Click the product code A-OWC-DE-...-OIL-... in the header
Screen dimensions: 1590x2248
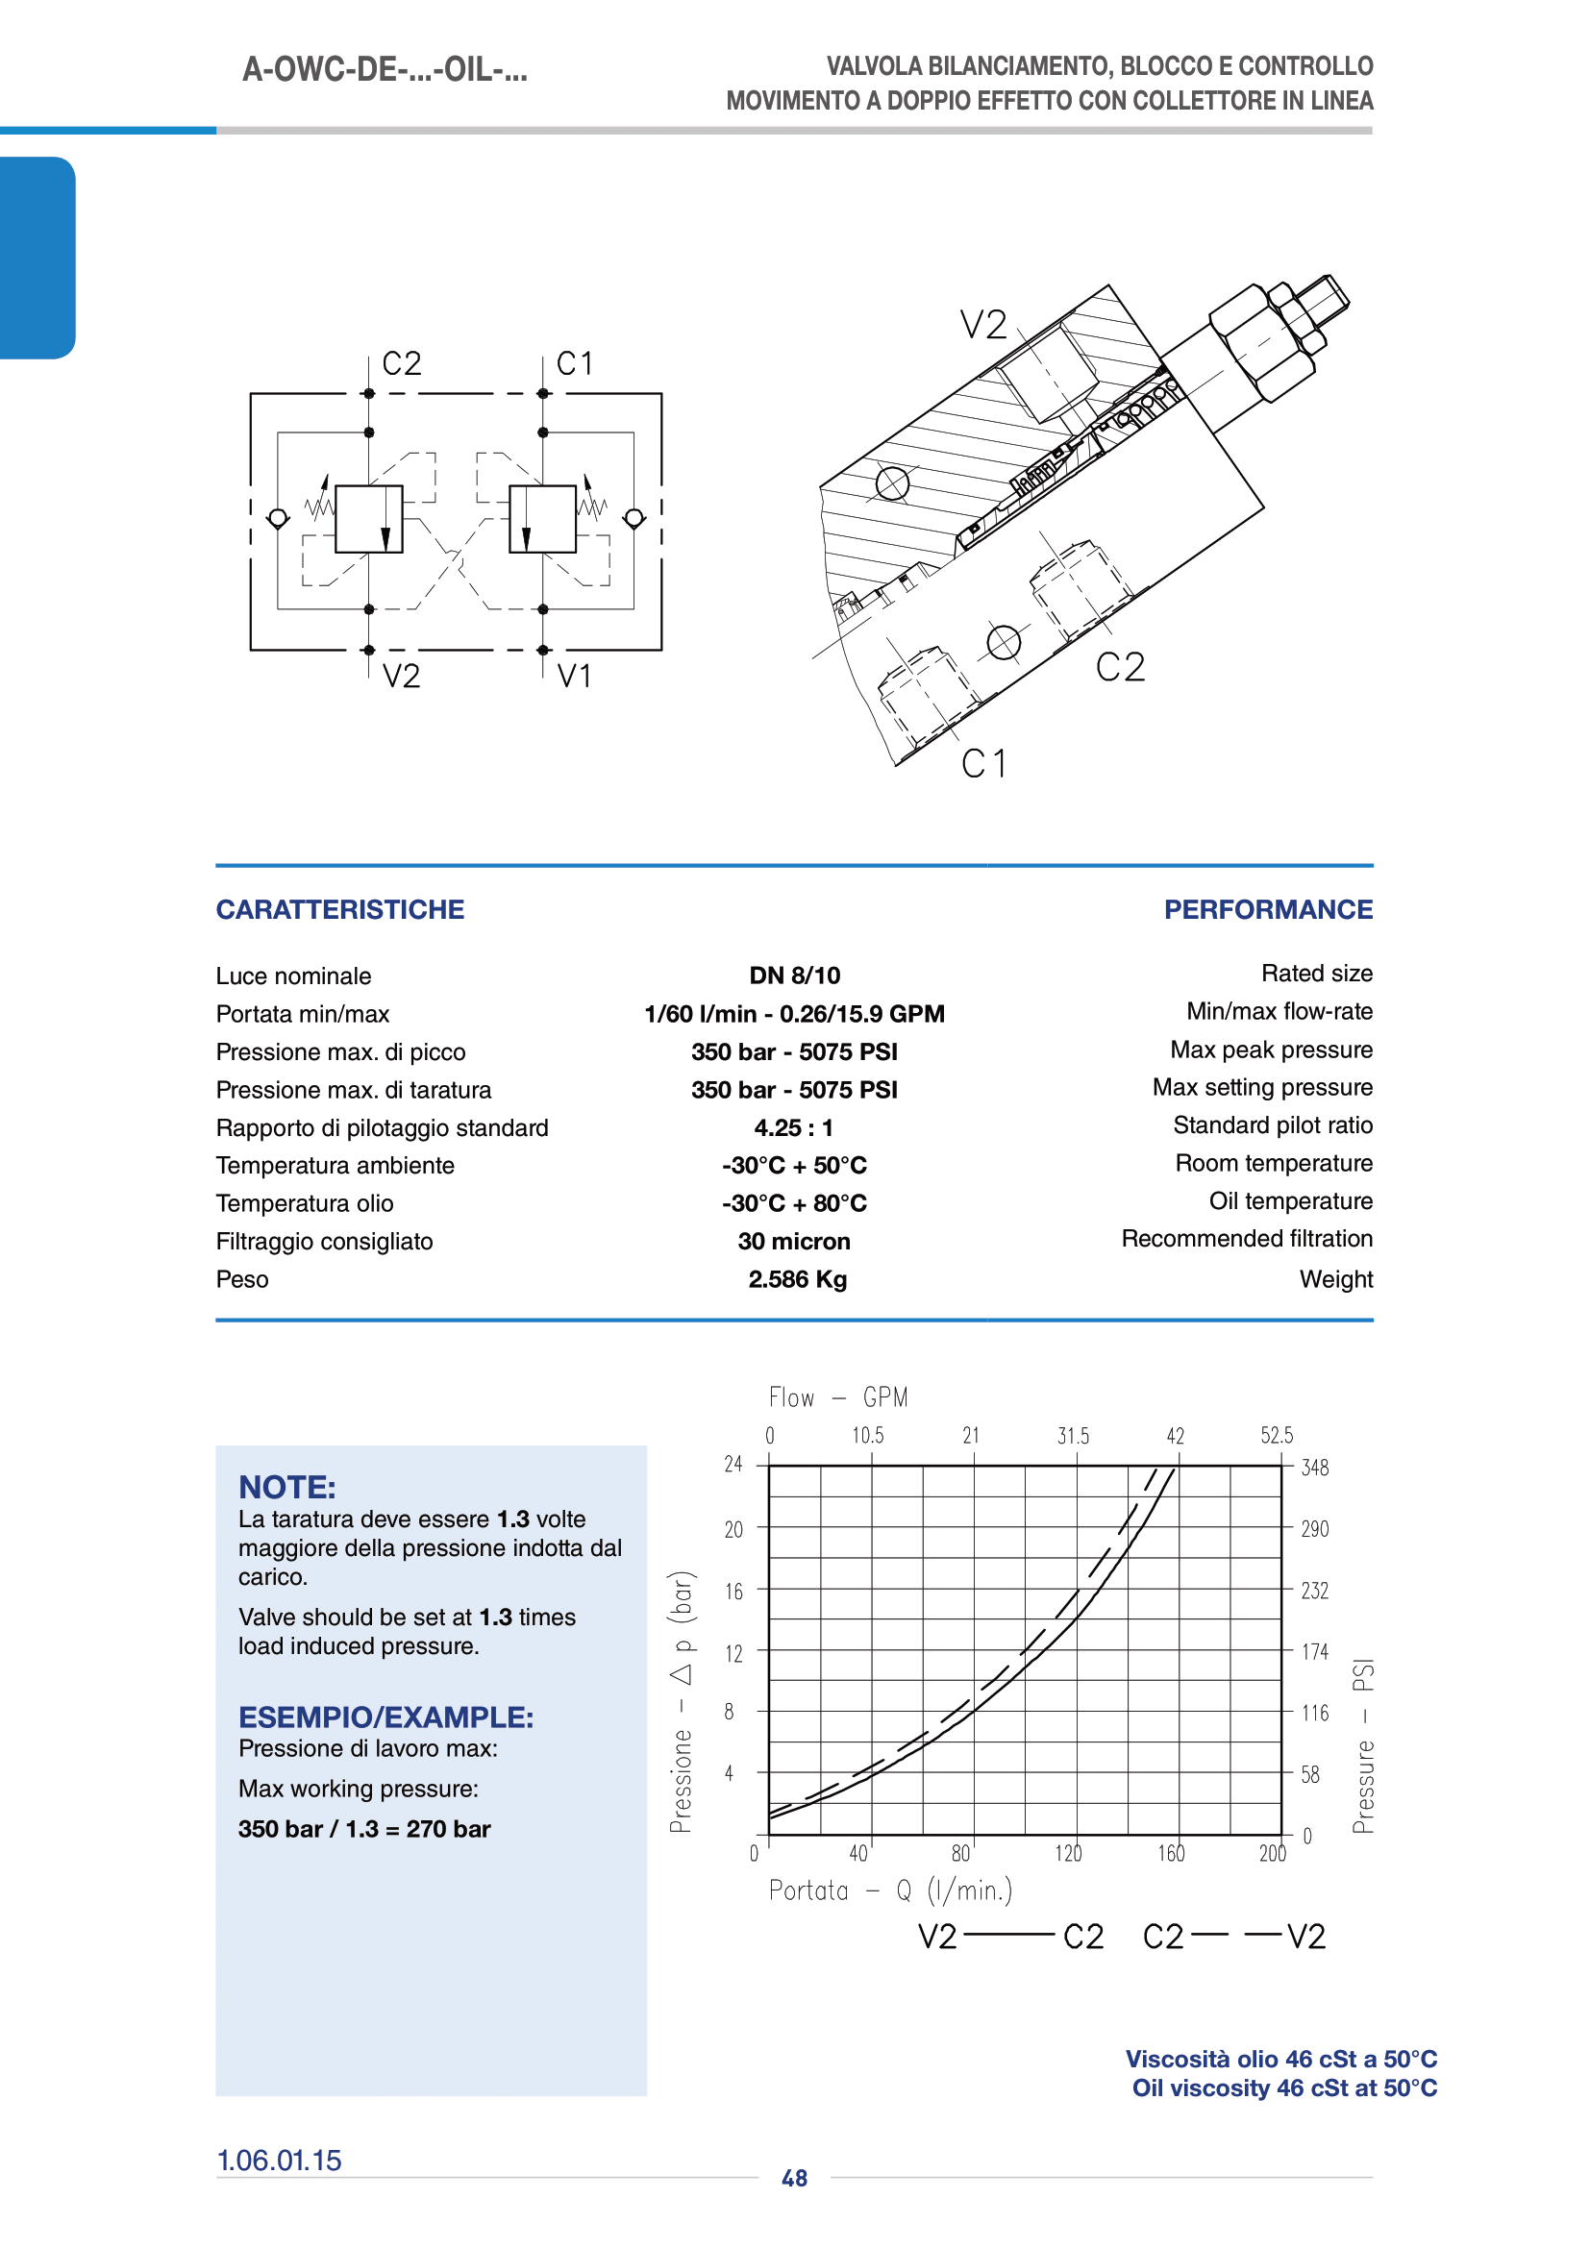click(x=385, y=70)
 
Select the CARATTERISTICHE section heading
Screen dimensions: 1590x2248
click(x=339, y=909)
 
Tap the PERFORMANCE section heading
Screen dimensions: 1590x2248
click(x=1268, y=909)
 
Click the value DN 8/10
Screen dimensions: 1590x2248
click(x=795, y=976)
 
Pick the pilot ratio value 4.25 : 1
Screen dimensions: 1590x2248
click(x=794, y=1128)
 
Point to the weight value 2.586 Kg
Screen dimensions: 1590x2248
click(x=798, y=1279)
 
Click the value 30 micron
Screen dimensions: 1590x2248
click(x=794, y=1242)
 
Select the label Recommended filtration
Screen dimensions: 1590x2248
click(x=1248, y=1239)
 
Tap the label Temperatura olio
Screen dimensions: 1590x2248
click(x=305, y=1203)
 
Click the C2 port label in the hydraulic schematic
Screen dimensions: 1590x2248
click(x=402, y=364)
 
